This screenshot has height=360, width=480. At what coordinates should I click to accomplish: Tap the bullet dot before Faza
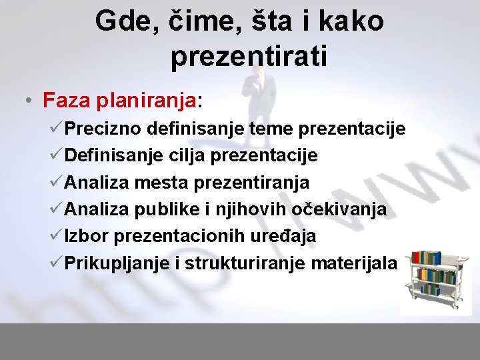tap(24, 101)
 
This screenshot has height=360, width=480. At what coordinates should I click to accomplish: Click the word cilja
tap(187, 155)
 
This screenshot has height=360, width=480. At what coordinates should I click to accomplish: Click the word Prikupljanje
tap(117, 263)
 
